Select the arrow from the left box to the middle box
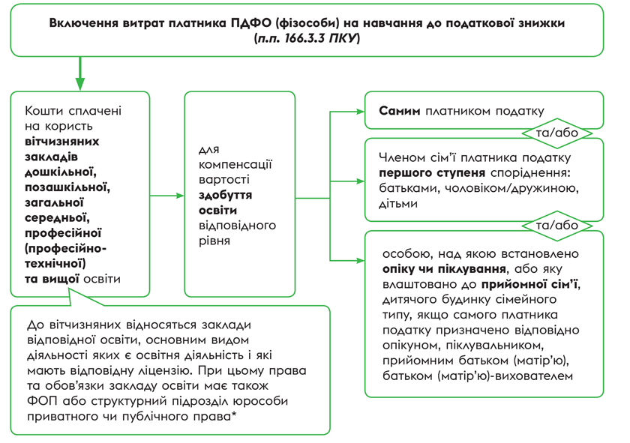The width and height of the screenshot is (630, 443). coord(166,196)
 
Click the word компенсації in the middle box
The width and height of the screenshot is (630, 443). coord(235,164)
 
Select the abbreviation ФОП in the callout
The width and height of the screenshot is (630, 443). coord(39,401)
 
